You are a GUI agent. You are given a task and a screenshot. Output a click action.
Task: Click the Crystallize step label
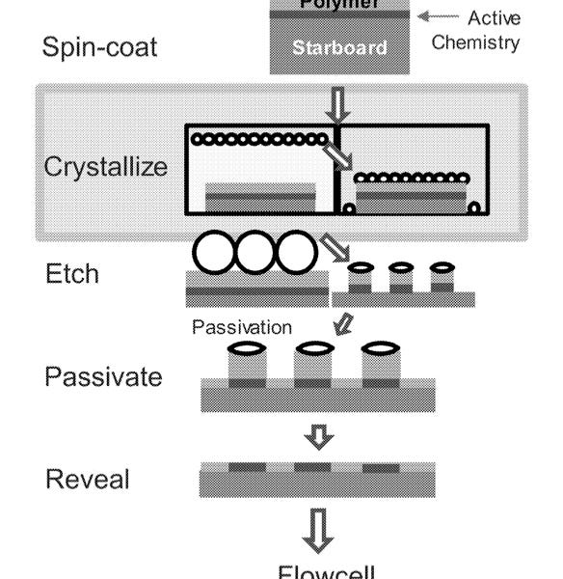click(106, 165)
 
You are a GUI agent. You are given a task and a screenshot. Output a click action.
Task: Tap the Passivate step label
click(104, 375)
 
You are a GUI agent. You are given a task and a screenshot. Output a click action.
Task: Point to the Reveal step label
click(86, 478)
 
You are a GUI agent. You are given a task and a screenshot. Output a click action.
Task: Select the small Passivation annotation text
click(242, 327)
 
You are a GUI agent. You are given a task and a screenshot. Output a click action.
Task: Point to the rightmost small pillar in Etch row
click(441, 277)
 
